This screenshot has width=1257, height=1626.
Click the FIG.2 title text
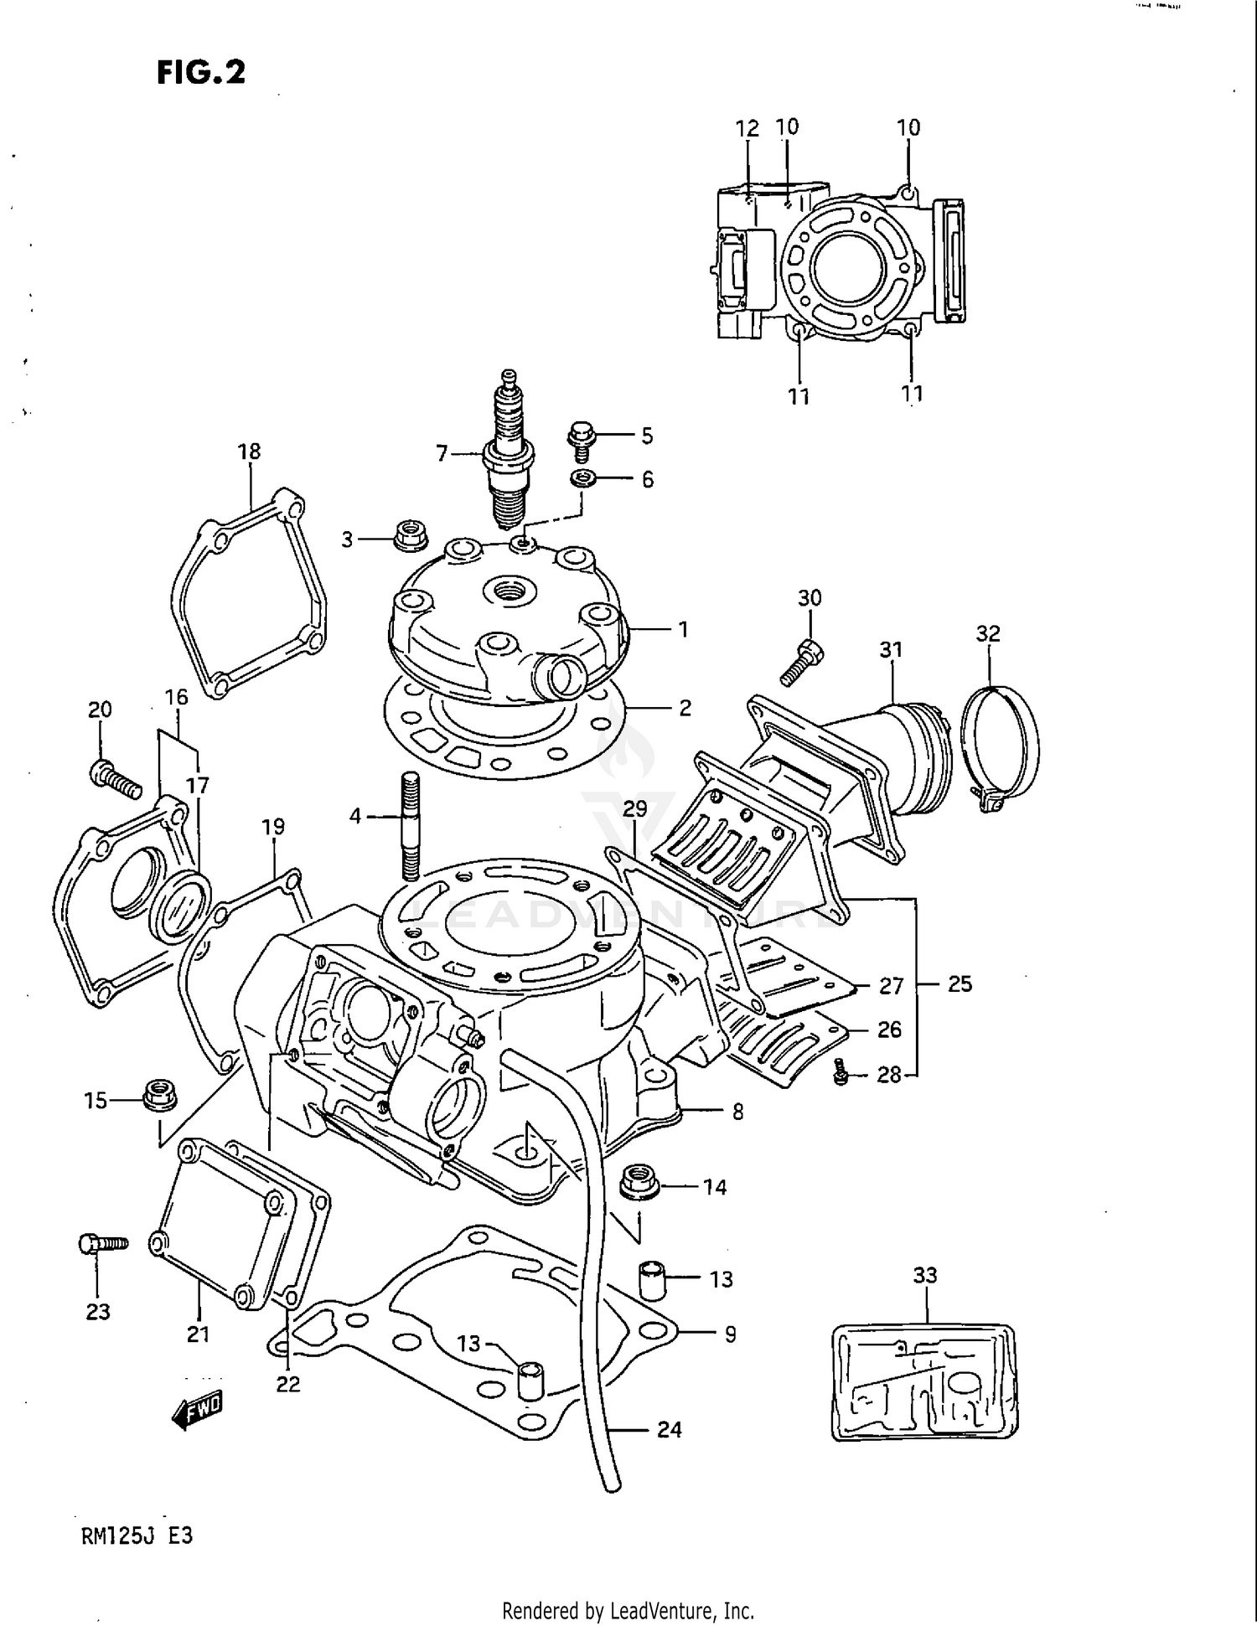201,73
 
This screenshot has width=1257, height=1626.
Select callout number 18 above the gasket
249,452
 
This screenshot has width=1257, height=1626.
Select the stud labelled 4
410,825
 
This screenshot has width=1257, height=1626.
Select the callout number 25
960,984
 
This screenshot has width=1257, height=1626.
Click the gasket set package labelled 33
924,1381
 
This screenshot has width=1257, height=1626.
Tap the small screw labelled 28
841,1073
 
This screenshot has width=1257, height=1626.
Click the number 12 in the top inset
747,129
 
